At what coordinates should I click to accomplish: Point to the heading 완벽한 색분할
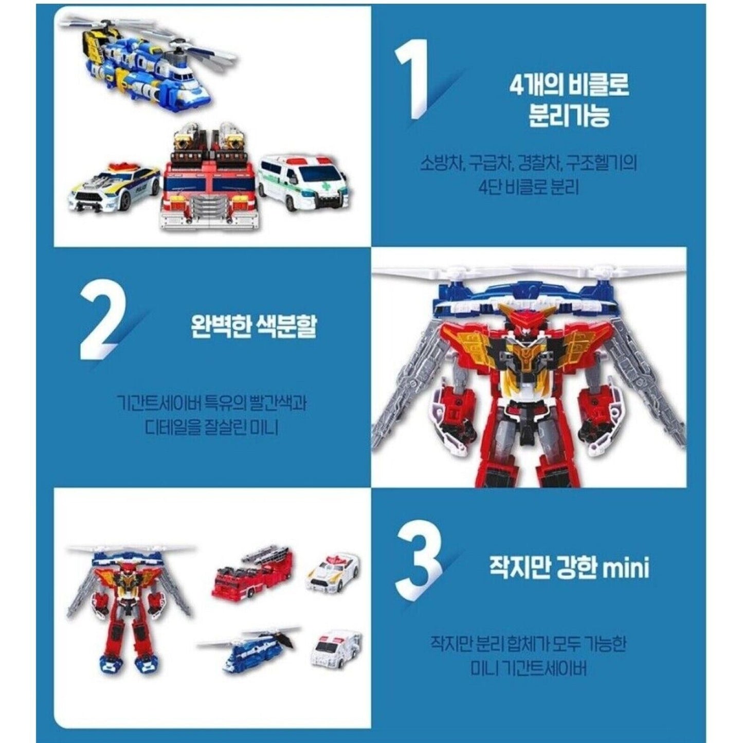point(253,326)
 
